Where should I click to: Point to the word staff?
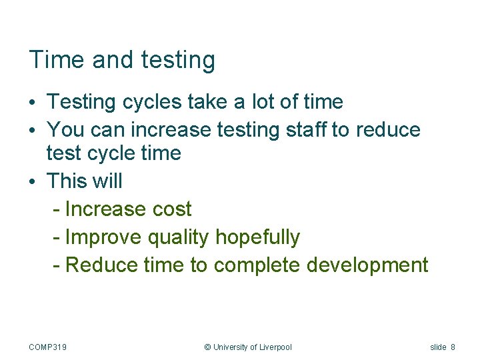coord(307,129)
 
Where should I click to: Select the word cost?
coord(172,209)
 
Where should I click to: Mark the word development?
coord(367,265)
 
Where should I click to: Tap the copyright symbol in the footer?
coord(207,347)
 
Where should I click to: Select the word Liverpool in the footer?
coord(275,347)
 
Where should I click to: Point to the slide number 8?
coord(453,347)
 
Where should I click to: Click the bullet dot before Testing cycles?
coord(32,103)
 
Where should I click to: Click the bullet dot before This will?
coord(32,181)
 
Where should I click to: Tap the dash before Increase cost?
coord(57,209)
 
